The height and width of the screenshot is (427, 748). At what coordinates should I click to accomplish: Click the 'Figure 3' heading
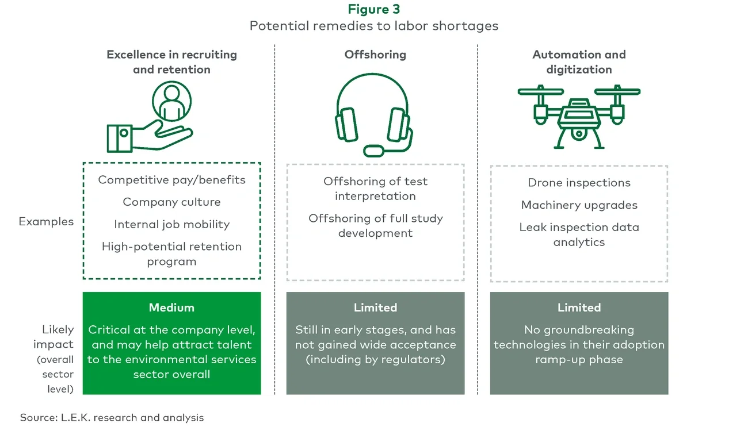click(374, 10)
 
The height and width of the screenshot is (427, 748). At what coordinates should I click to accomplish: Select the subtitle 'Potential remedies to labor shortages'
click(374, 26)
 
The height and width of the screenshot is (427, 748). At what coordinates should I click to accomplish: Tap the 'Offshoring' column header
click(375, 55)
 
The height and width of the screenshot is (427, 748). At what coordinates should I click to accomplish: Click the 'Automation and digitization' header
click(579, 62)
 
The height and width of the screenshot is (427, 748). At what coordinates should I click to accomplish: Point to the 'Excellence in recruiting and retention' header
click(171, 62)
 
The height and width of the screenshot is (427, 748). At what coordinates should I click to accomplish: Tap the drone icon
click(579, 115)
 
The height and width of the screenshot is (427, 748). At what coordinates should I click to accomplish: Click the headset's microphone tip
click(373, 151)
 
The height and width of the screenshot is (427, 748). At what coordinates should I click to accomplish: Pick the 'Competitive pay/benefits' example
click(171, 180)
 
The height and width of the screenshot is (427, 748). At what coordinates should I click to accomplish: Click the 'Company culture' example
click(171, 202)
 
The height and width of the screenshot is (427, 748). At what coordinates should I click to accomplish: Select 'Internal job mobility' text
click(171, 225)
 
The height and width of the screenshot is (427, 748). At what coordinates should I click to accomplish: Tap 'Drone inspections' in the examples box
click(579, 183)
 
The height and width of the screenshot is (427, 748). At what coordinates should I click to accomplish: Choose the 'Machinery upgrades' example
click(579, 205)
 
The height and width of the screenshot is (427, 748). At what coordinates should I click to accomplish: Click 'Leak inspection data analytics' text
click(579, 234)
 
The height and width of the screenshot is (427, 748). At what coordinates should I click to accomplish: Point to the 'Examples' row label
click(46, 222)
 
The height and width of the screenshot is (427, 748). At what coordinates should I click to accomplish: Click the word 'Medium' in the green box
click(171, 307)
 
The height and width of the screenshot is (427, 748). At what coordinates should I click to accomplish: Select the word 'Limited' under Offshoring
click(375, 307)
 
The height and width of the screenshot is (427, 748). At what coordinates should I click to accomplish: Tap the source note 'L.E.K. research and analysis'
click(132, 418)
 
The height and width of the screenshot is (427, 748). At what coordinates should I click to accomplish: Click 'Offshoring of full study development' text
click(375, 226)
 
